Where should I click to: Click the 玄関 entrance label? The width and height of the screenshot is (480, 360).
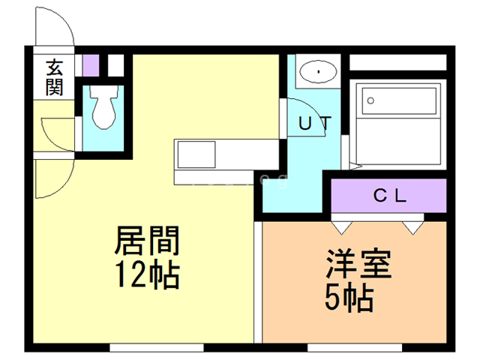coord(55,78)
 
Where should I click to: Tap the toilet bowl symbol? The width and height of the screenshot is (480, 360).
coord(104,106)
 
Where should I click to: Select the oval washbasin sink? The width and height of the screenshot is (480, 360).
coord(318,72)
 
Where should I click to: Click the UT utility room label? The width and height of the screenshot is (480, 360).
coord(315,123)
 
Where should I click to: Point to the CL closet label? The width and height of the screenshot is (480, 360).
coord(390,196)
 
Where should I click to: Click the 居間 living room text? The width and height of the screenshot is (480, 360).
coord(147,241)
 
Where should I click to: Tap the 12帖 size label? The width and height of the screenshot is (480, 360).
coord(147,274)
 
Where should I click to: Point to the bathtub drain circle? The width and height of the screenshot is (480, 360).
coord(370,100)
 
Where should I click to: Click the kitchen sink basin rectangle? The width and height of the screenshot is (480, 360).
coord(196,154)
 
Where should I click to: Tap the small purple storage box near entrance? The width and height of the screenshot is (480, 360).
coord(91,65)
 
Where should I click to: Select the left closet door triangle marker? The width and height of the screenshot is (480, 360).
coord(342,228)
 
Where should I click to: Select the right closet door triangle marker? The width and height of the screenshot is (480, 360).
coord(413,228)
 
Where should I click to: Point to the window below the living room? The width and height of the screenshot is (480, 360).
coord(157,348)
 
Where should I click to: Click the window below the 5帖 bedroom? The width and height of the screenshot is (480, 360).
coord(355,348)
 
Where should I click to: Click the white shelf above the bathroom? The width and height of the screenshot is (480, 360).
coord(398,62)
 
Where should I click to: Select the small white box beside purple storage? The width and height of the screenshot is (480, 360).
coord(115,65)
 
